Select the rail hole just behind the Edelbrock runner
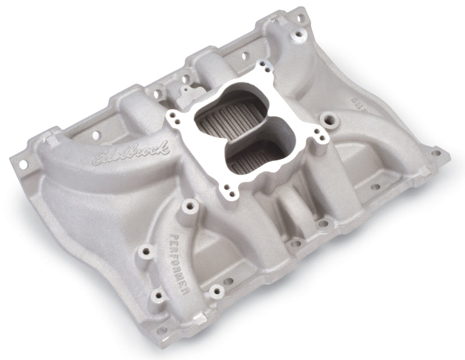[96, 135]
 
